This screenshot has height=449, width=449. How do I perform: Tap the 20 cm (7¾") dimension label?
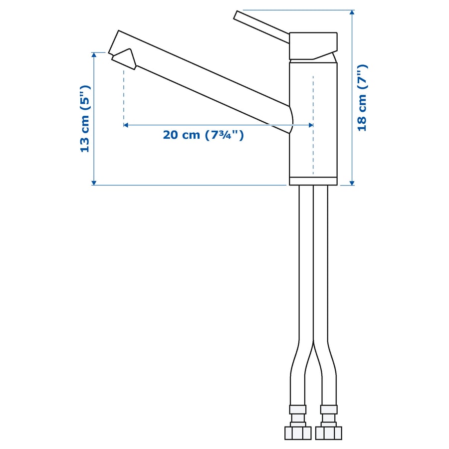203,135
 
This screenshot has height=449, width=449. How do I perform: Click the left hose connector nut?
297,432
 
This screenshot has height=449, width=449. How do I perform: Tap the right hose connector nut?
328,432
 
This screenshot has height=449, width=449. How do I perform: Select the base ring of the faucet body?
313,181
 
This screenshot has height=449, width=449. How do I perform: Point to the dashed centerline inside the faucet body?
313,150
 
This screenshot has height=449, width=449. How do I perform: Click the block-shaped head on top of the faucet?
313,45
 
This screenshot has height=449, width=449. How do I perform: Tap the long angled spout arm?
210,85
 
